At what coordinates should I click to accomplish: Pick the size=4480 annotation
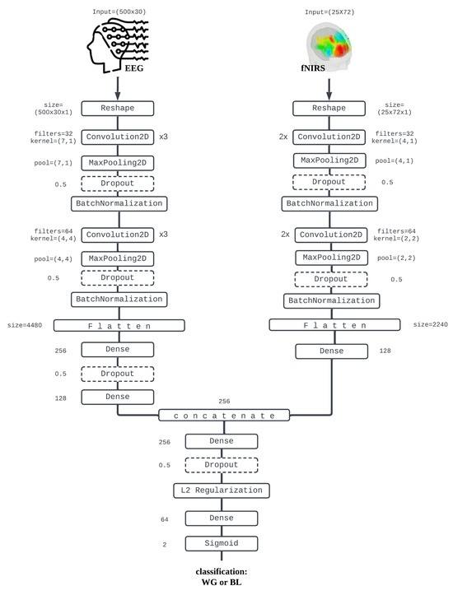click(x=26, y=325)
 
